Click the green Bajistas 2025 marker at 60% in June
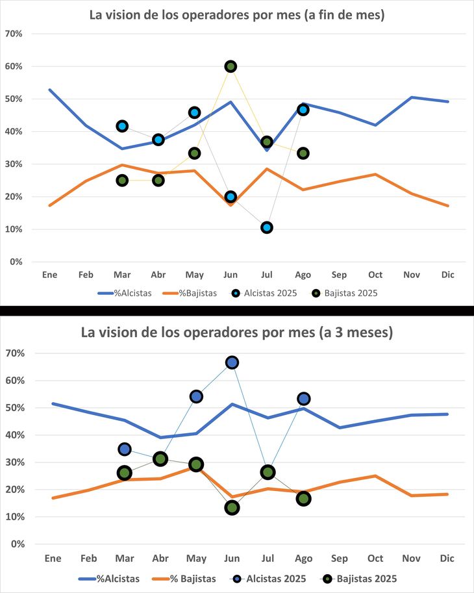(x=231, y=66)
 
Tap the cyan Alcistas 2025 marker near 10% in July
(x=267, y=227)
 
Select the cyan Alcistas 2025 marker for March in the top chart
(x=122, y=126)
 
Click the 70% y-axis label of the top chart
(x=14, y=34)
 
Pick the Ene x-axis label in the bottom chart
(x=53, y=559)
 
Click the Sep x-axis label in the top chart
(x=340, y=275)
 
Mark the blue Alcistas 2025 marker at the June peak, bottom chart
(x=232, y=362)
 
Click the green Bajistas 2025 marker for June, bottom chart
(x=232, y=508)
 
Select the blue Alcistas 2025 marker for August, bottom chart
(x=303, y=399)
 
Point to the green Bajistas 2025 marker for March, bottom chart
(x=125, y=473)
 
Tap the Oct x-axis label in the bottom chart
(x=375, y=559)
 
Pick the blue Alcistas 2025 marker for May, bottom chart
(x=196, y=396)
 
